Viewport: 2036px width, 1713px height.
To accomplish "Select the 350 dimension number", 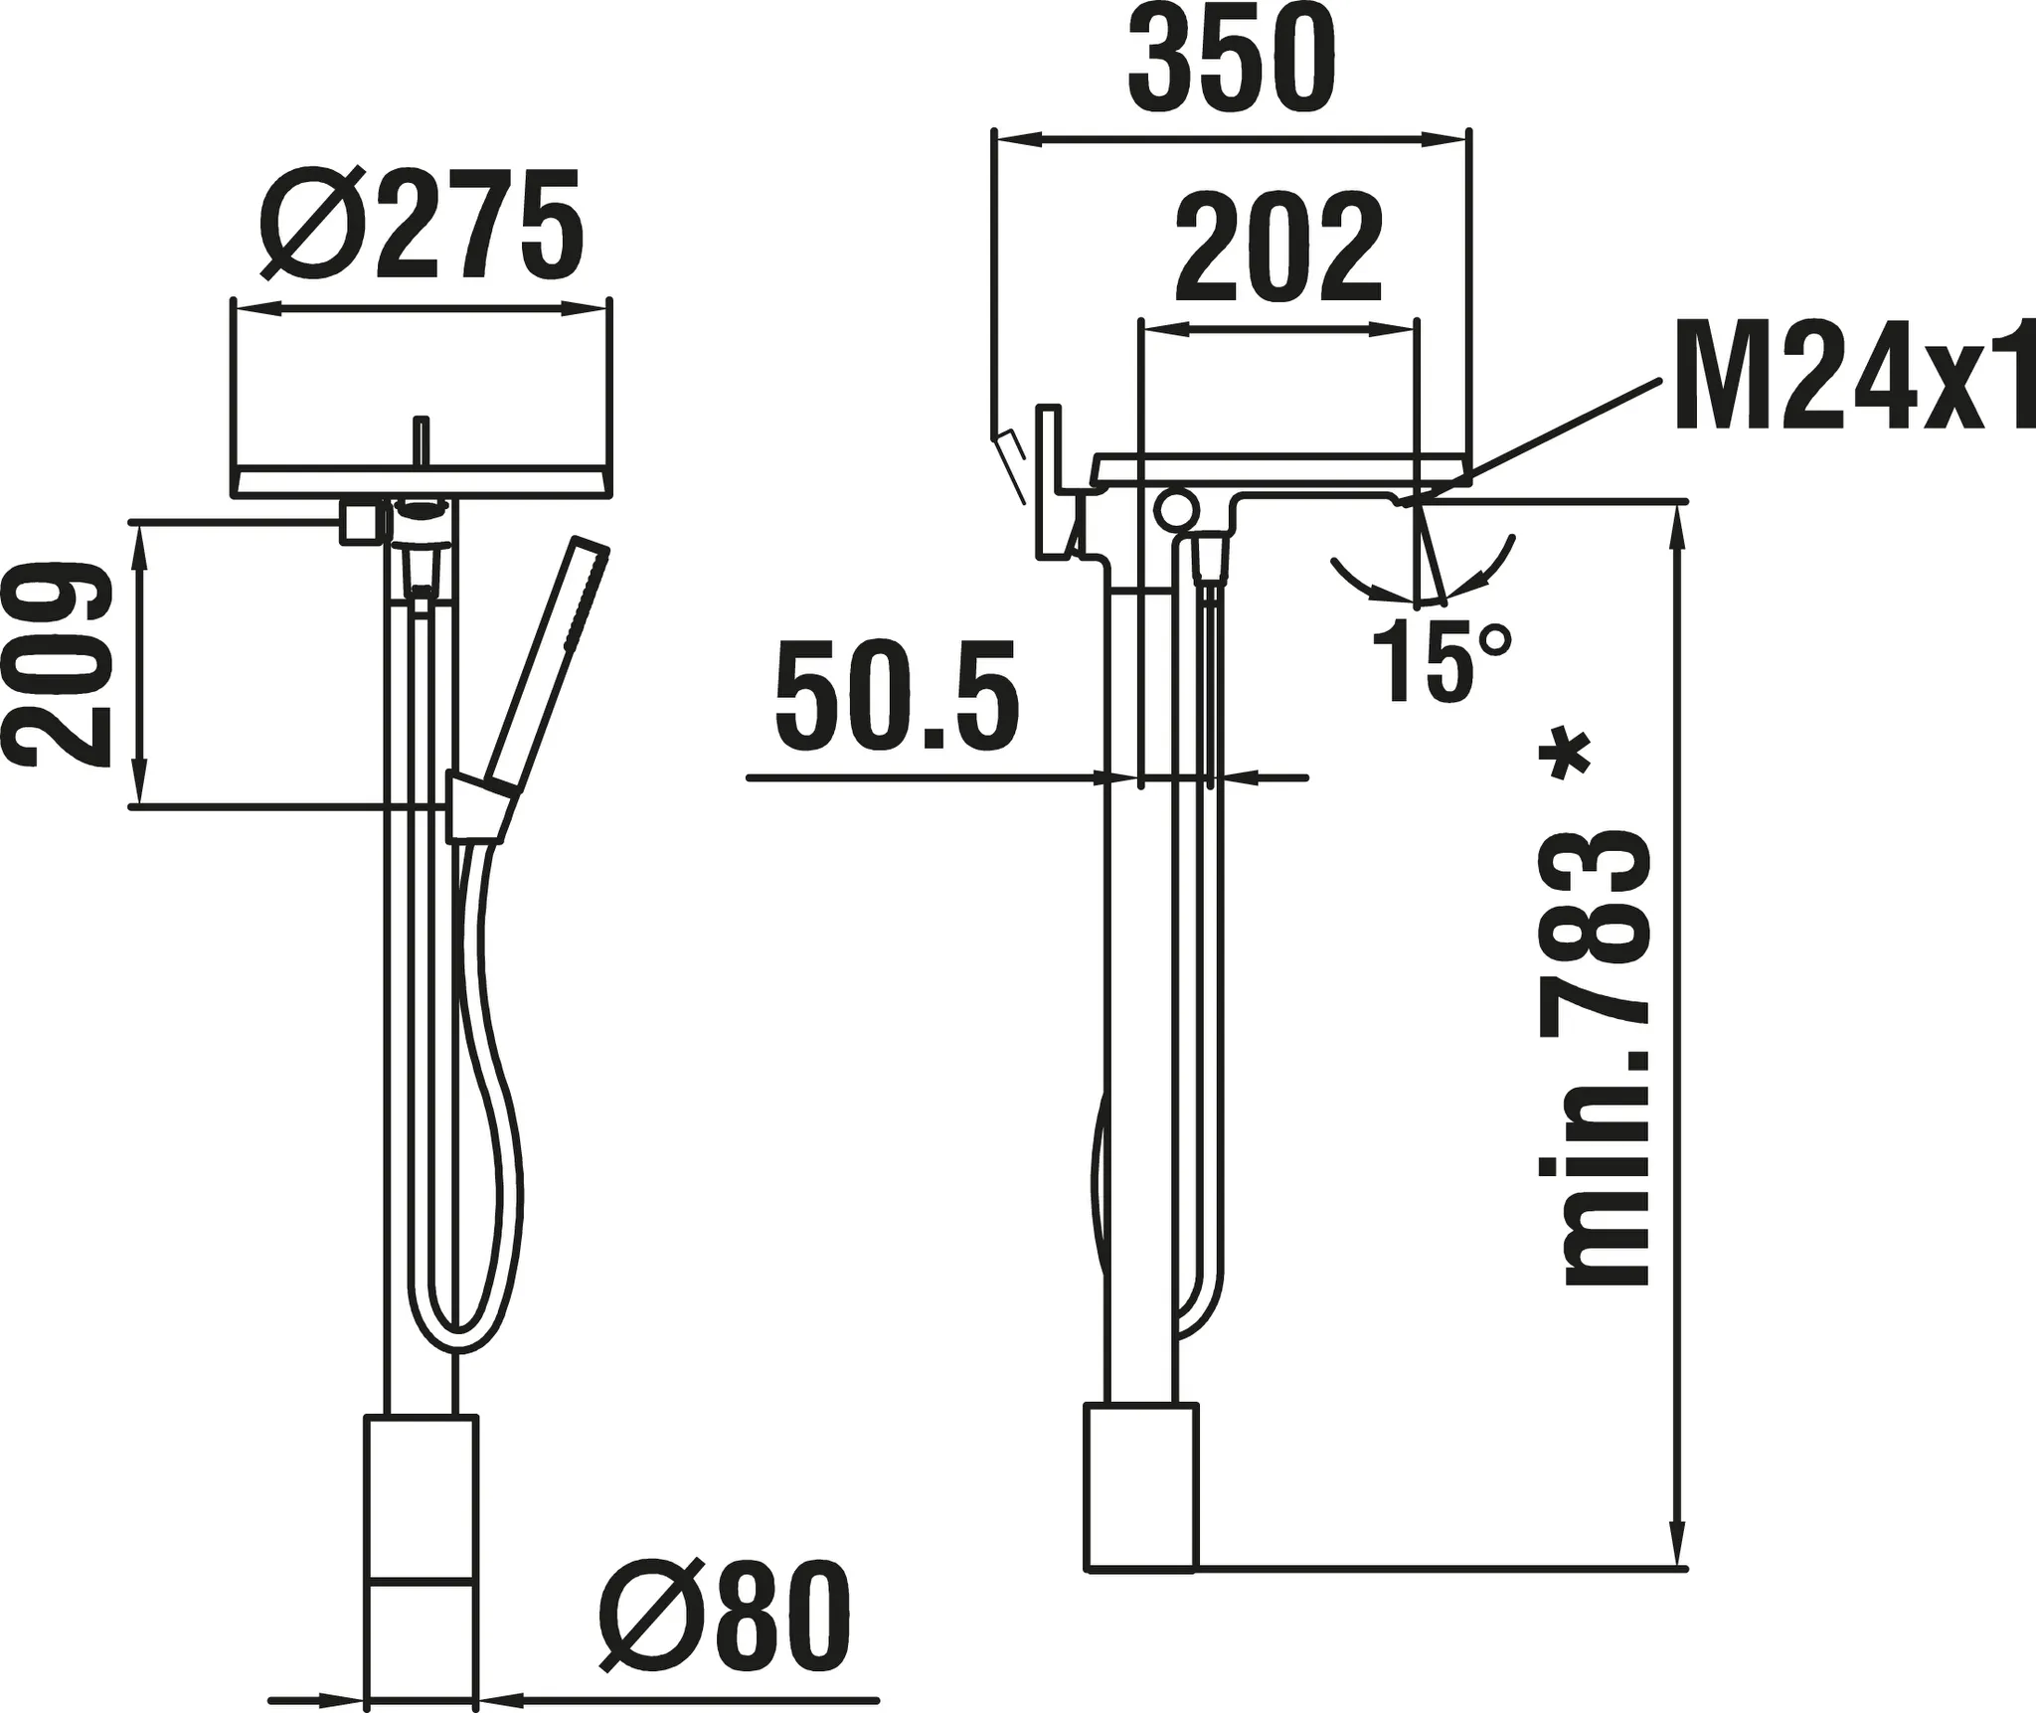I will (1231, 63).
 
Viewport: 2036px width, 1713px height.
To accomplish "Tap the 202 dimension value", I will (1277, 249).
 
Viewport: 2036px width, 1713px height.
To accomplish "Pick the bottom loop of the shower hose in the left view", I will (460, 1337).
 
